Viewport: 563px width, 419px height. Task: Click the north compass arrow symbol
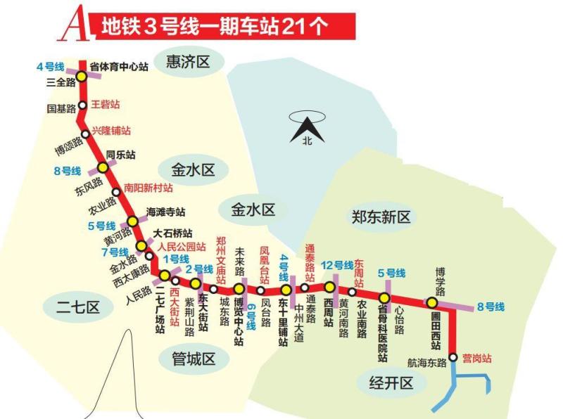[x=306, y=129]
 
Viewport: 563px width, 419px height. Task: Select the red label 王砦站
[x=106, y=105]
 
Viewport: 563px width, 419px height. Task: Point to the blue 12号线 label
[x=337, y=265]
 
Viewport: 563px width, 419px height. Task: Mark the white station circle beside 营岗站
[x=453, y=357]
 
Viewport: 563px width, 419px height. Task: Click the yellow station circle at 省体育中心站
[x=82, y=77]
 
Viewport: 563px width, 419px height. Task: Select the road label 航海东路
[x=427, y=363]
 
